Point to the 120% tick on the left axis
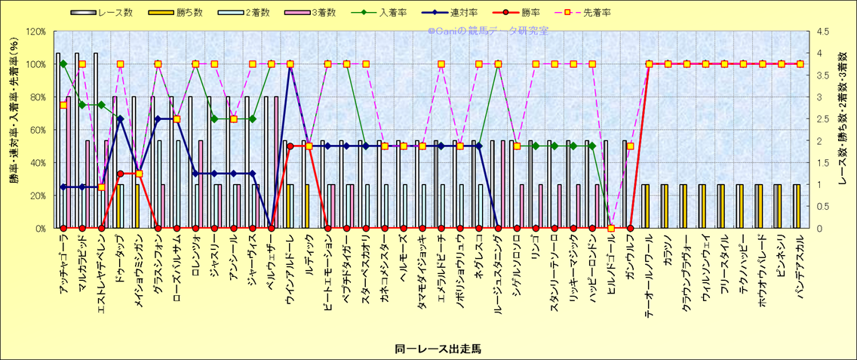tap(35, 32)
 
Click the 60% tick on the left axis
tap(38, 130)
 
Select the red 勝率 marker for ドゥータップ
tap(120, 174)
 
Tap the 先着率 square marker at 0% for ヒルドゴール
tap(611, 228)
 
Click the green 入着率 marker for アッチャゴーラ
tap(63, 64)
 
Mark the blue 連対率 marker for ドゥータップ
tap(120, 118)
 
